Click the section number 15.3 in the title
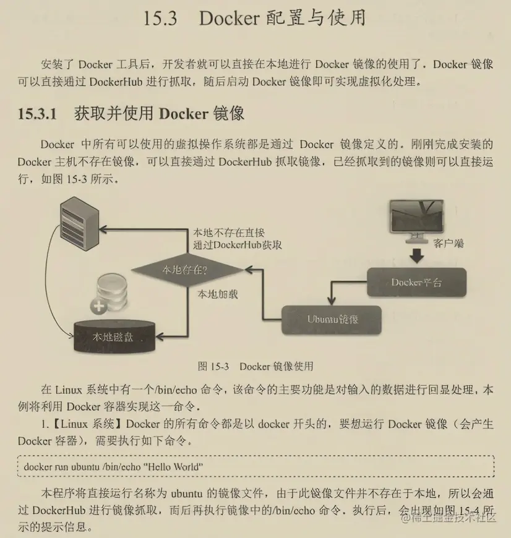pyautogui.click(x=160, y=19)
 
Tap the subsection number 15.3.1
pyautogui.click(x=36, y=114)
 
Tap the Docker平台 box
pyautogui.click(x=416, y=283)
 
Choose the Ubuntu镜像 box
pyautogui.click(x=332, y=319)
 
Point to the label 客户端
pyautogui.click(x=448, y=244)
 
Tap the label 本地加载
pyautogui.click(x=217, y=294)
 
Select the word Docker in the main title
pyautogui.click(x=229, y=19)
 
